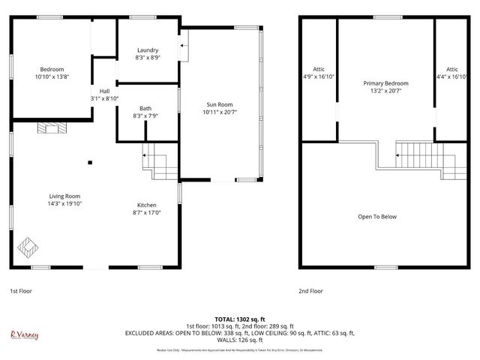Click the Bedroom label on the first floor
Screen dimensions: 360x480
(x=52, y=69)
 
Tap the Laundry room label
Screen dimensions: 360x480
(x=147, y=50)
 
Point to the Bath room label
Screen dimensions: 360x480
(x=146, y=109)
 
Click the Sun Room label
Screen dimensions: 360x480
(x=219, y=105)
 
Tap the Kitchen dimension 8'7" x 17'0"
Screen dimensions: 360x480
(x=146, y=212)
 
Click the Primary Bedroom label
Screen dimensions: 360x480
(x=385, y=82)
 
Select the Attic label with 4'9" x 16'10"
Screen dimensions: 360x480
(x=318, y=69)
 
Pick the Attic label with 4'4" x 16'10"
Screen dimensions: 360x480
(x=451, y=69)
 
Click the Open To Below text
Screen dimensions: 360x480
(x=376, y=217)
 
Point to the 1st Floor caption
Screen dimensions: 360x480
(x=21, y=290)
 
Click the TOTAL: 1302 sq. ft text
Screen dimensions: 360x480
(x=239, y=318)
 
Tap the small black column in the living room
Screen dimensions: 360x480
(x=90, y=161)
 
